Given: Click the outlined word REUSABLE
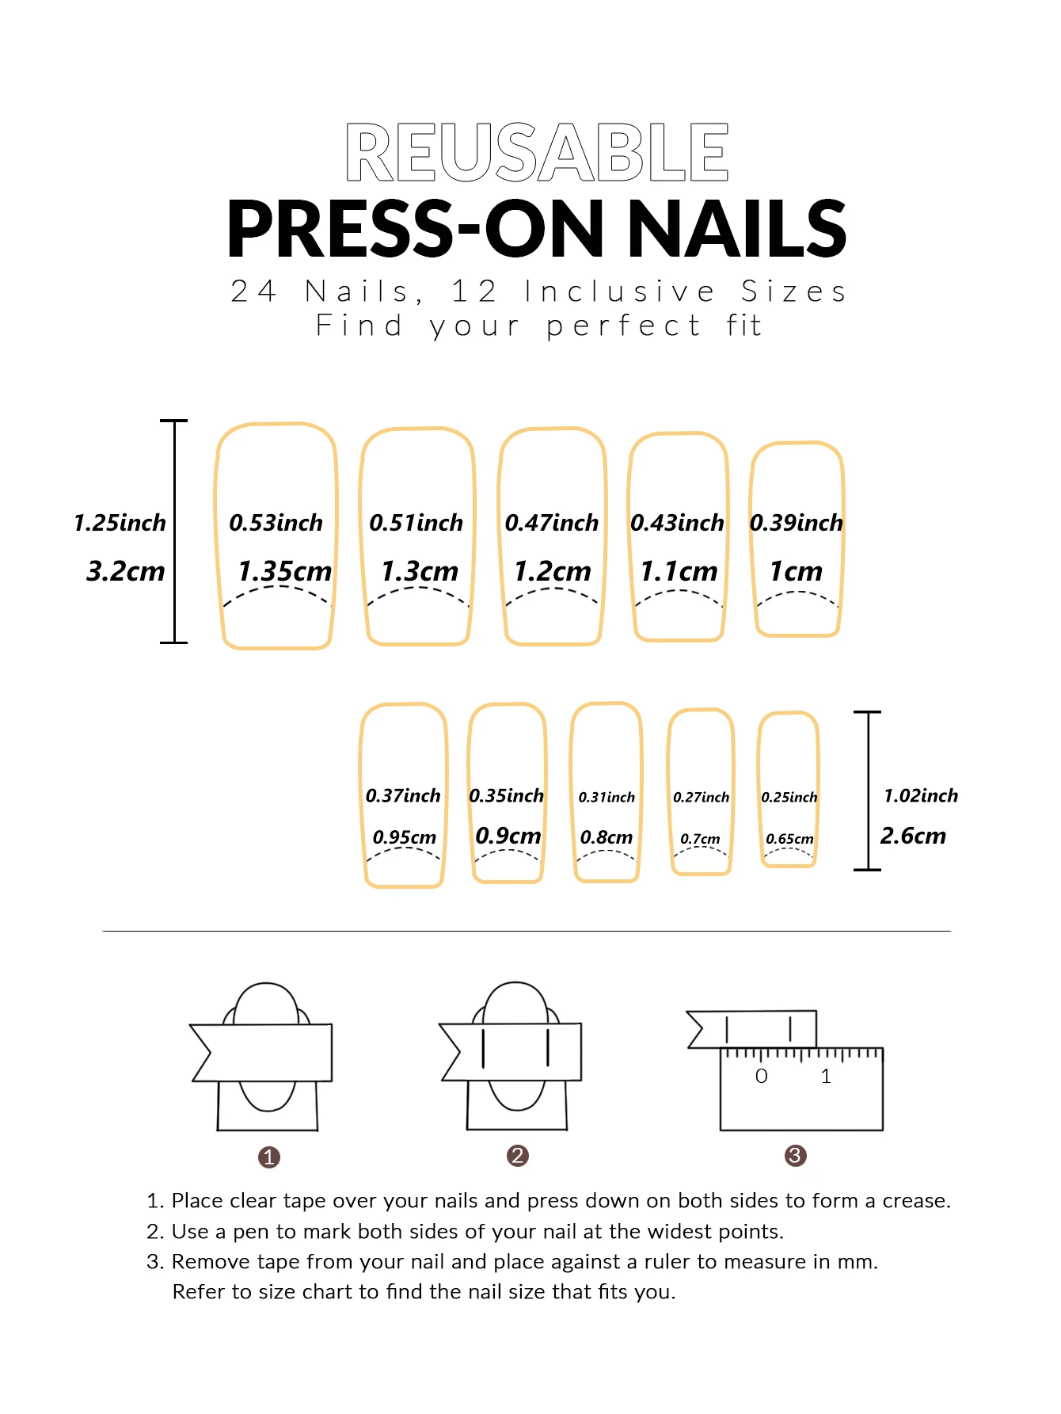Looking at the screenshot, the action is pyautogui.click(x=537, y=152).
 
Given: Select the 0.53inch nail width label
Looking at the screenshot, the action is pyautogui.click(x=276, y=523).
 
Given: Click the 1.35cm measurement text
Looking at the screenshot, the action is pyautogui.click(x=285, y=571).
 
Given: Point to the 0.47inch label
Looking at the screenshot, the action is pyautogui.click(x=552, y=523).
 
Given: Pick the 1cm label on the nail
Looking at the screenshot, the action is pyautogui.click(x=797, y=571).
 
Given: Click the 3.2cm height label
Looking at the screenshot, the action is pyautogui.click(x=126, y=571).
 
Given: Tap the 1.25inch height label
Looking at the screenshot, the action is pyautogui.click(x=120, y=523).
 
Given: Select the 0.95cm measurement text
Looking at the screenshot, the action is pyautogui.click(x=405, y=837).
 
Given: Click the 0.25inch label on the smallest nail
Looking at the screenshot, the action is pyautogui.click(x=789, y=797).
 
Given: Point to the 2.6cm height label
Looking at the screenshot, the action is pyautogui.click(x=914, y=836).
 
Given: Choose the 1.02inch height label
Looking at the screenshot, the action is pyautogui.click(x=921, y=795).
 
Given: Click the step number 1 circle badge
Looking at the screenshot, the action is pyautogui.click(x=269, y=1157).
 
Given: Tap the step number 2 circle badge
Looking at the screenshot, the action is pyautogui.click(x=518, y=1156).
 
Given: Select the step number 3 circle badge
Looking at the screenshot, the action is pyautogui.click(x=796, y=1156).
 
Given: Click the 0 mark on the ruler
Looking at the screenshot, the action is pyautogui.click(x=762, y=1076).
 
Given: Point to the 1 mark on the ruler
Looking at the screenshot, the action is pyautogui.click(x=826, y=1076).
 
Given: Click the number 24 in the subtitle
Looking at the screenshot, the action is pyautogui.click(x=254, y=292).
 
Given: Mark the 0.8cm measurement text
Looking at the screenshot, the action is pyautogui.click(x=607, y=837).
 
